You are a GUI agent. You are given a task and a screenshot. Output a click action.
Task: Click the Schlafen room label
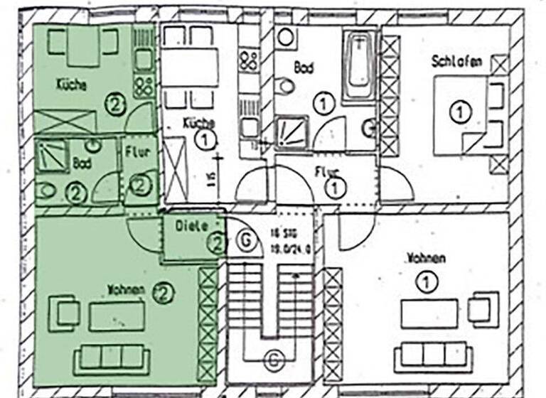coord(456,62)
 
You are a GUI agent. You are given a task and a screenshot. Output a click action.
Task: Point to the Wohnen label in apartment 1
coord(427,257)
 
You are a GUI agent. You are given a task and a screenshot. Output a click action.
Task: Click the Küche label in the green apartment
coord(71,85)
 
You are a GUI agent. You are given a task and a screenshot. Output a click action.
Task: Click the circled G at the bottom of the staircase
coord(273,360)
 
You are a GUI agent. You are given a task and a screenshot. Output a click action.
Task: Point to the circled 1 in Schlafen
coord(460,112)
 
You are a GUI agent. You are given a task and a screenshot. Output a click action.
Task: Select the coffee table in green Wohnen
coord(117,316)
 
